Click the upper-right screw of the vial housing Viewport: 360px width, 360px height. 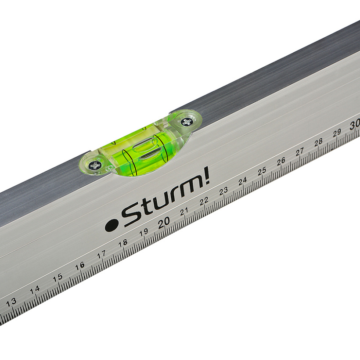(x=186, y=122)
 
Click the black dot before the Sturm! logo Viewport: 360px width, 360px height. (x=111, y=226)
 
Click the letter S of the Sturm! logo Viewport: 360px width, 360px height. (x=130, y=216)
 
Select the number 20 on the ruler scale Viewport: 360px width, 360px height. (x=164, y=222)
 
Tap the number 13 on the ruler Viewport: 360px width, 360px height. (x=11, y=302)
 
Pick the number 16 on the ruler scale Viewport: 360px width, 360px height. (x=79, y=266)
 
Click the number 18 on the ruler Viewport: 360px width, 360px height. (x=122, y=243)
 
